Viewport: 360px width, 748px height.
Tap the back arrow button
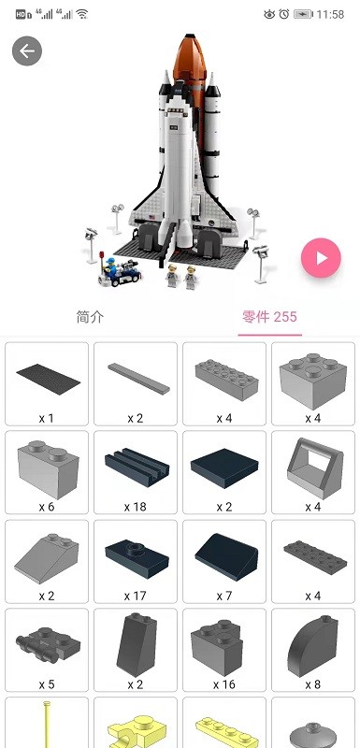(x=27, y=50)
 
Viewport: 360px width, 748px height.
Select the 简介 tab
(x=90, y=317)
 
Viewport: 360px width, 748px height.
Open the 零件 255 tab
(x=268, y=317)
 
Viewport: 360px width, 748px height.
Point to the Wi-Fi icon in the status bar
(x=82, y=14)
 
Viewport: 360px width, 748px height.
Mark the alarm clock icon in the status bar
(x=283, y=14)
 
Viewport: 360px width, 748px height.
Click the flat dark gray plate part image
(x=47, y=376)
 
